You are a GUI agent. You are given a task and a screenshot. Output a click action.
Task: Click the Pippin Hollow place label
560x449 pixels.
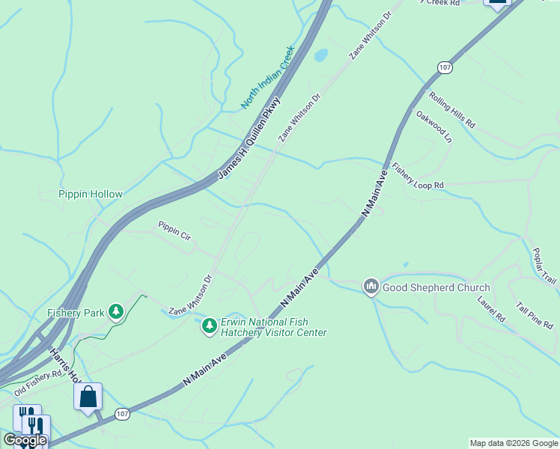pyautogui.click(x=91, y=194)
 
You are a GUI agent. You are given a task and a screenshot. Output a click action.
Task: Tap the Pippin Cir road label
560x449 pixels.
pyautogui.click(x=174, y=230)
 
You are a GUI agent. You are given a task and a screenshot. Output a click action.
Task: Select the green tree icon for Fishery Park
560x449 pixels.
pyautogui.click(x=115, y=311)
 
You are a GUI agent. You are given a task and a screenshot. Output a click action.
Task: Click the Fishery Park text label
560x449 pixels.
pyautogui.click(x=75, y=313)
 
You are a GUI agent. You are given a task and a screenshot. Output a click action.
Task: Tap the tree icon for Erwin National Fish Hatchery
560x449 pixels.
pyautogui.click(x=209, y=326)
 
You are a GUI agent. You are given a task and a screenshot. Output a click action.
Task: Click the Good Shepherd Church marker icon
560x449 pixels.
pyautogui.click(x=371, y=287)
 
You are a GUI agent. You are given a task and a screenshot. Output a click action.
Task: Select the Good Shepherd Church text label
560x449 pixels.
pyautogui.click(x=436, y=287)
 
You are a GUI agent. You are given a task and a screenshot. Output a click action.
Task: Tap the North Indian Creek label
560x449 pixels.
pyautogui.click(x=268, y=78)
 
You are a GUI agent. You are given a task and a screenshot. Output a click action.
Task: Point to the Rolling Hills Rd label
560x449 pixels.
pyautogui.click(x=451, y=110)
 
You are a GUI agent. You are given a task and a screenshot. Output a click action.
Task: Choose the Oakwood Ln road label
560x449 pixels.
pyautogui.click(x=435, y=126)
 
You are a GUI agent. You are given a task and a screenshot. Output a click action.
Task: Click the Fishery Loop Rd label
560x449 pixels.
pyautogui.click(x=418, y=177)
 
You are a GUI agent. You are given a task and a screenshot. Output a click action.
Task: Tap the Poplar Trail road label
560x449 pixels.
pyautogui.click(x=544, y=266)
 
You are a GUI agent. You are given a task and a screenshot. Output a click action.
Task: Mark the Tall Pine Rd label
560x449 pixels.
pyautogui.click(x=535, y=315)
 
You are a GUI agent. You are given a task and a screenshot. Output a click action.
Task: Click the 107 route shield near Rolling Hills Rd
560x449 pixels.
pyautogui.click(x=445, y=67)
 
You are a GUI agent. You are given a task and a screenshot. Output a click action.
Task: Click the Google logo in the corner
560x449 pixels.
pyautogui.click(x=25, y=440)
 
